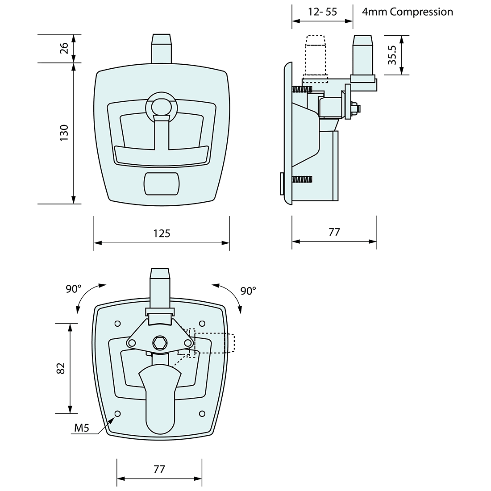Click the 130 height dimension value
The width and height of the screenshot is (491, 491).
[64, 133]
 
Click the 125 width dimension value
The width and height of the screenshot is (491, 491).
[162, 233]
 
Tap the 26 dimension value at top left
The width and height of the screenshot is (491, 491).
[64, 48]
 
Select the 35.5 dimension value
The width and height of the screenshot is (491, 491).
[392, 55]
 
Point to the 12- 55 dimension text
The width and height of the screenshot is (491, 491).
[323, 12]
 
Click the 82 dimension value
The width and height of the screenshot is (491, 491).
[61, 368]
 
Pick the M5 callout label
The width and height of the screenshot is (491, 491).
[82, 428]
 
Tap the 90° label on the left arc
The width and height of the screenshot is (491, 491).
[73, 289]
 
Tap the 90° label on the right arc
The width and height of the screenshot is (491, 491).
[248, 291]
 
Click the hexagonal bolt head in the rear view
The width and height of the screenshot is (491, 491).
[160, 344]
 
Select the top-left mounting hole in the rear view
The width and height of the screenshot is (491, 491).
[118, 324]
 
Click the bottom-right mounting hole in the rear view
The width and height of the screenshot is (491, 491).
[202, 414]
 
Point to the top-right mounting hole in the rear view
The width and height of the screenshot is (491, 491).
[202, 324]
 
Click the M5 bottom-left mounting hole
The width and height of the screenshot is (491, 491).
[118, 414]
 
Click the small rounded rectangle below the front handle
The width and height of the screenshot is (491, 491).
[162, 183]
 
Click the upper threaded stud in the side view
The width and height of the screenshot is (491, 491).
[303, 89]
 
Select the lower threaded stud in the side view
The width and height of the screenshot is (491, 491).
[303, 180]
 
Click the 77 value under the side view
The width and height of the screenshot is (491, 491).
[334, 232]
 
